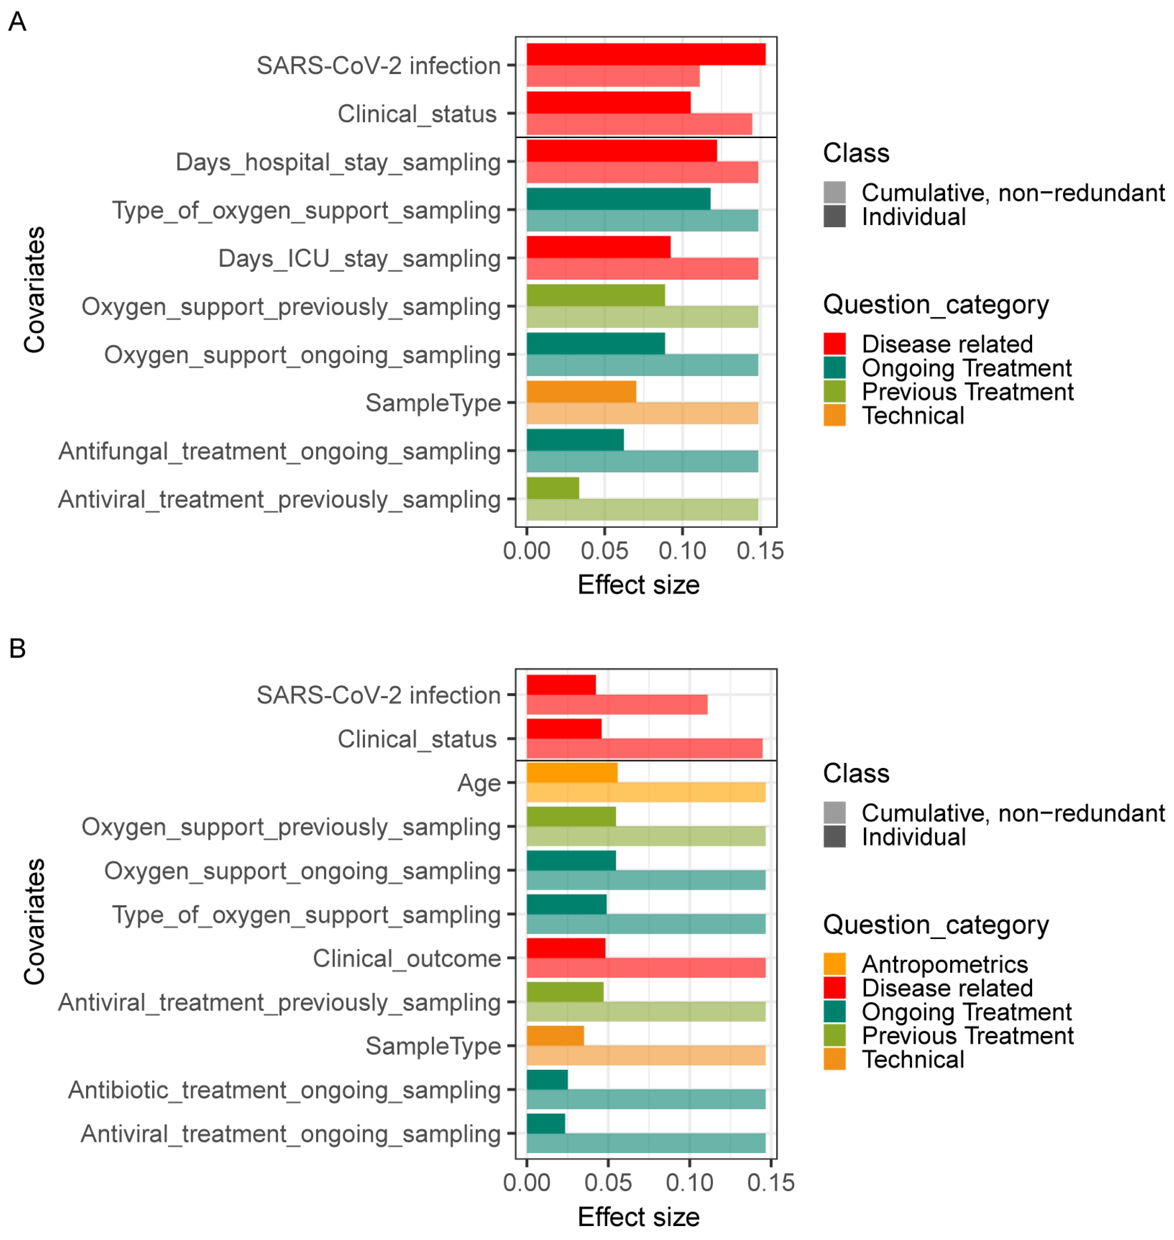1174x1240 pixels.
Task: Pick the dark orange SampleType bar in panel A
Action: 581,392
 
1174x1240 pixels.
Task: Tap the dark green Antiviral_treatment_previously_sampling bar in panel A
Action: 553,488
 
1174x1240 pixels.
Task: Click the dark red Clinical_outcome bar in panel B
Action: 566,948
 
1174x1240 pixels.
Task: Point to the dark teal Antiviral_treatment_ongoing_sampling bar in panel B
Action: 546,1123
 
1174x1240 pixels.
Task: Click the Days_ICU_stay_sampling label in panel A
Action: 359,258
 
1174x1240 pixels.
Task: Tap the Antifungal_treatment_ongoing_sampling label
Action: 279,451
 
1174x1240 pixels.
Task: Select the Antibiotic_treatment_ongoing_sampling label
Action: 284,1090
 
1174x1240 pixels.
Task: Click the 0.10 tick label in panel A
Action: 682,551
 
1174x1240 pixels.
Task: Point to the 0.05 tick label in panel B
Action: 608,1183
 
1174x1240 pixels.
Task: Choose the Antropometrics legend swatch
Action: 834,964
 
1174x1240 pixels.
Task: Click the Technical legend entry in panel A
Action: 912,415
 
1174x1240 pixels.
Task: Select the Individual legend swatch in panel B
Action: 834,837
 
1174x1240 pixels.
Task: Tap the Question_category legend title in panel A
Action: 936,305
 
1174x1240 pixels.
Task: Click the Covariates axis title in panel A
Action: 34,289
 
